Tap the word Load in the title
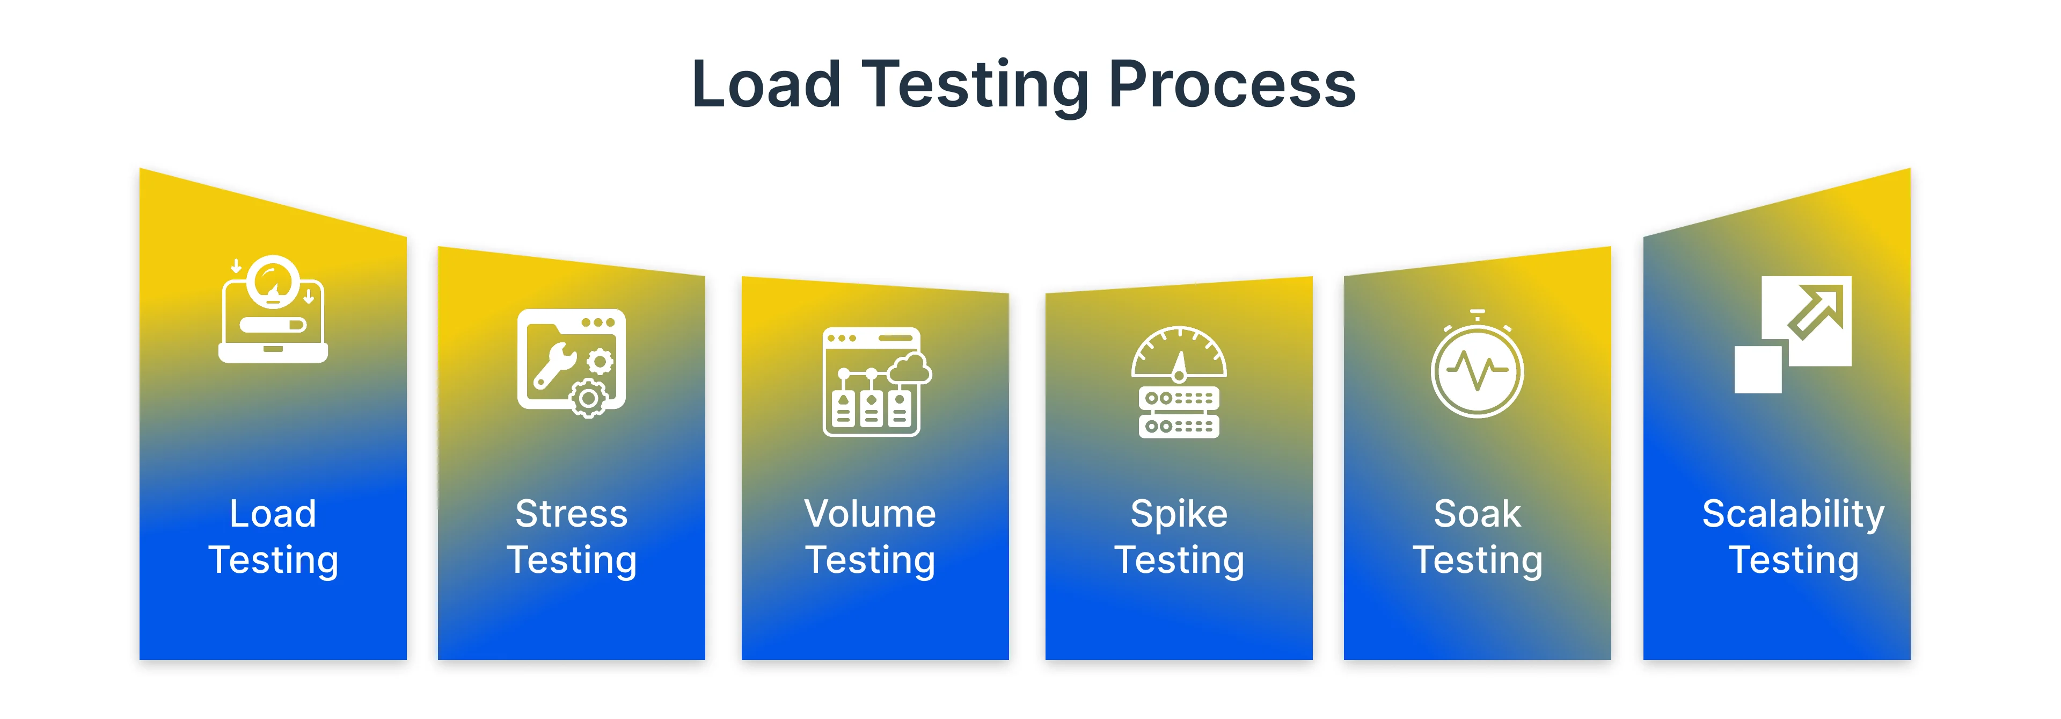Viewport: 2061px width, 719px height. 766,85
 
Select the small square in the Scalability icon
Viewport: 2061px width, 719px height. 1757,369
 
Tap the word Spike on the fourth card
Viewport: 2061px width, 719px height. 1179,514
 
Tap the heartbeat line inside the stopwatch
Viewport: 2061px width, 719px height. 1477,370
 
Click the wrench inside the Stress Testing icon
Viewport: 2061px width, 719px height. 552,366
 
